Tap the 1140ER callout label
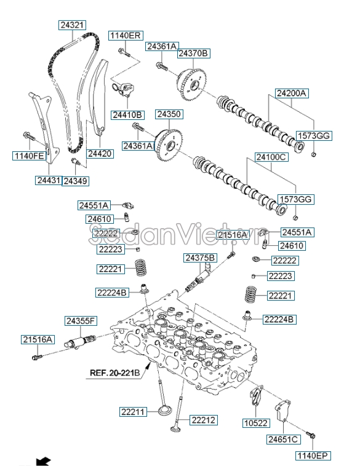click(125, 36)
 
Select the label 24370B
click(194, 53)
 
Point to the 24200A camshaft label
click(292, 93)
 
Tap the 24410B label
click(127, 115)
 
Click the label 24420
click(100, 154)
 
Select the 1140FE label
click(30, 156)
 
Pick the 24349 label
click(76, 181)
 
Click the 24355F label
click(81, 321)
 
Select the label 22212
click(203, 420)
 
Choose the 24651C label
click(283, 439)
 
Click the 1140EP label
click(314, 456)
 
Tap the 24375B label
click(201, 257)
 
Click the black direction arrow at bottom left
click(42, 460)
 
